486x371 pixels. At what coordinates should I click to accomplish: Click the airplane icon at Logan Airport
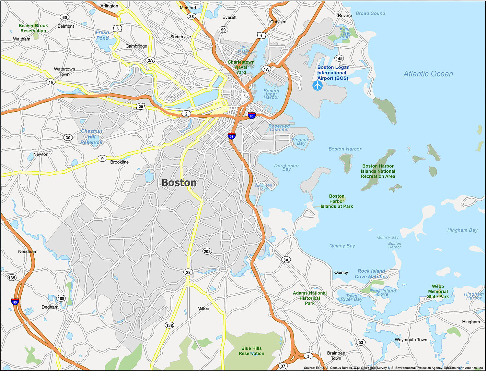click(318, 86)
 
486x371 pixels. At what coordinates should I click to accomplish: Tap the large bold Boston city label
click(179, 183)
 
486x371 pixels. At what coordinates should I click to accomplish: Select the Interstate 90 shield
click(251, 116)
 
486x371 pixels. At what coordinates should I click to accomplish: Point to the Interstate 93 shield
click(231, 136)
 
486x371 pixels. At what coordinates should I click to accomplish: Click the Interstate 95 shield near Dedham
click(15, 302)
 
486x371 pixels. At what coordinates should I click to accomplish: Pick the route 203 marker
click(207, 251)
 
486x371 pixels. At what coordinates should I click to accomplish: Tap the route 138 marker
click(169, 325)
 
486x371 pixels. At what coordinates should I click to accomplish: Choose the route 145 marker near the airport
click(339, 58)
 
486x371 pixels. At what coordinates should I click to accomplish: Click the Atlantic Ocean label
click(428, 74)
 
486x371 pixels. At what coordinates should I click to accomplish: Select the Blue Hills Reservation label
click(251, 351)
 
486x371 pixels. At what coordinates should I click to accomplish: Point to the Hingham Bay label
click(462, 230)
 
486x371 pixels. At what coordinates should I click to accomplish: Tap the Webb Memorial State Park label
click(438, 291)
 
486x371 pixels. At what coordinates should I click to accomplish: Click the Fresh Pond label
click(102, 35)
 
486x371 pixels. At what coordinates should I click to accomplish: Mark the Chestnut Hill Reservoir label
click(92, 137)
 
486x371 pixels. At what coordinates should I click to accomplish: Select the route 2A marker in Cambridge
click(150, 60)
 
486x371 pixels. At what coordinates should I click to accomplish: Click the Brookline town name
click(119, 162)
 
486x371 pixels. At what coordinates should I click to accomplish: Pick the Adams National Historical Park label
click(309, 298)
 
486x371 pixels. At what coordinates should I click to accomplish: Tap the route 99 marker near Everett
click(223, 30)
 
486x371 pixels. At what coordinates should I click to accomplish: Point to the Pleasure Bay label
click(301, 142)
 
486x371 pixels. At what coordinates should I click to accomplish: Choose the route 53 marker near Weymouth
click(361, 342)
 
